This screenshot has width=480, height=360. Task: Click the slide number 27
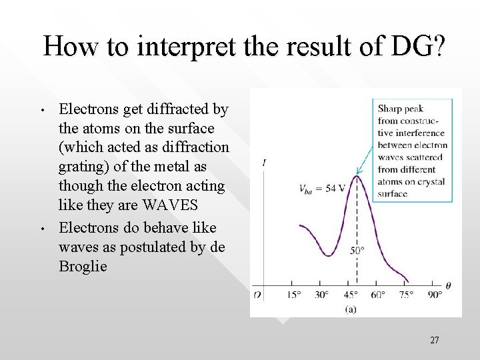pos(434,341)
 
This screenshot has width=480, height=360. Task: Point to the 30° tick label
pos(323,295)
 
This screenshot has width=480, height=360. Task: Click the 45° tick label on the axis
pos(351,295)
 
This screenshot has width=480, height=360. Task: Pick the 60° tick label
pos(379,295)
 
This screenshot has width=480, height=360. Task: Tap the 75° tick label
pos(407,295)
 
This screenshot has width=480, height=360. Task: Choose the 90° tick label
pos(435,295)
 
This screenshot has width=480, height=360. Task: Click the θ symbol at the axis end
pos(448,286)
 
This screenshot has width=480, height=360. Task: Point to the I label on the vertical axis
pos(265,163)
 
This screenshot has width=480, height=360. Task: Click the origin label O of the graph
pos(257,295)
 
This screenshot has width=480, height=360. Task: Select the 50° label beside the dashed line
pos(358,251)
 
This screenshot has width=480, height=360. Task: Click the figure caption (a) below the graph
pos(351,309)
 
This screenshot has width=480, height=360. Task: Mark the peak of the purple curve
pos(357,176)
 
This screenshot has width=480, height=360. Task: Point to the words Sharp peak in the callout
pos(401,109)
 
